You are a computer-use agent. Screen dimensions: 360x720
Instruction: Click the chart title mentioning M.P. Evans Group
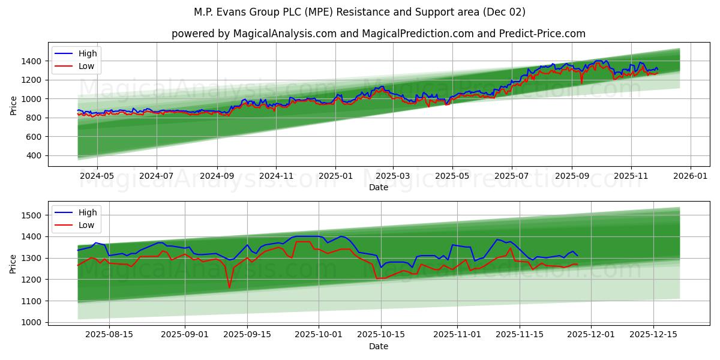[360, 12]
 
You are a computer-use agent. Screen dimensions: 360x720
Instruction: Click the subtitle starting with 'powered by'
[378, 34]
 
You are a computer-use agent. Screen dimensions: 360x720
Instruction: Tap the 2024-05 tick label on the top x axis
[97, 176]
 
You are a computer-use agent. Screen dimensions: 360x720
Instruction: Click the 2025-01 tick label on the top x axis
[335, 176]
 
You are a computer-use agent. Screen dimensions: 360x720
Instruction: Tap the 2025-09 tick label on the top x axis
[572, 176]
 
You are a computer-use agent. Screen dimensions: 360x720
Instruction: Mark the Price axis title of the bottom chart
[13, 263]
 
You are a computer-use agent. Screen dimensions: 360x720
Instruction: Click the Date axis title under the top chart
[378, 187]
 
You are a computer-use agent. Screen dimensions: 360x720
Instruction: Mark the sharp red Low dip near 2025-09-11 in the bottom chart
[229, 287]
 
